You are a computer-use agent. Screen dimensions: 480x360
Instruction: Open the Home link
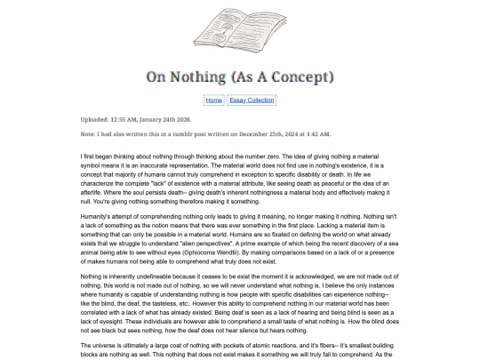click(x=213, y=100)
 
